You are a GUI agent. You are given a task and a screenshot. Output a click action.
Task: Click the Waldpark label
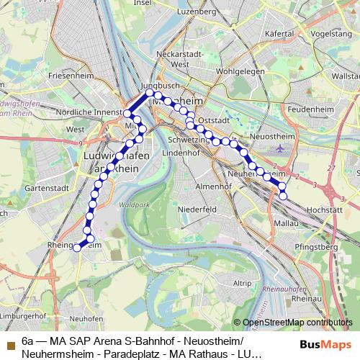tap(132, 204)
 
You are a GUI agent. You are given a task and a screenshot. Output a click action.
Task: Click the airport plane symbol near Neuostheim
tap(279, 148)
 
